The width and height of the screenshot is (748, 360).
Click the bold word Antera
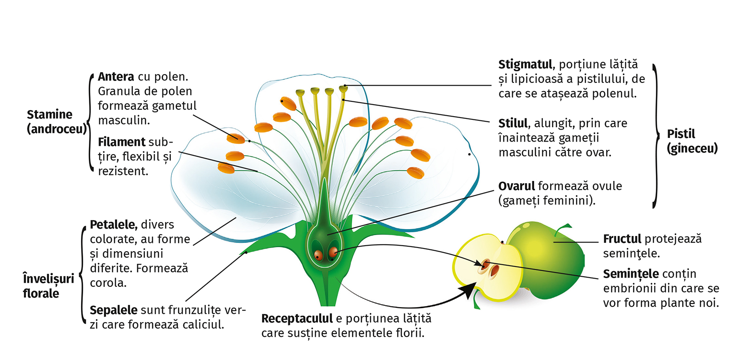coord(116,76)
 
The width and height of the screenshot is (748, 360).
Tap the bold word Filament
coord(121,142)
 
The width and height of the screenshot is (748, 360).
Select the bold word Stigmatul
coord(525,64)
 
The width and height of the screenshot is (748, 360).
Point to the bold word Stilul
coord(513,123)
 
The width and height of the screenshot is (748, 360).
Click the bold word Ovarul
coord(517,186)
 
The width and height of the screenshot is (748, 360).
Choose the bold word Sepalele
coord(113,310)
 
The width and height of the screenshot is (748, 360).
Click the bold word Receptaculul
coord(297,318)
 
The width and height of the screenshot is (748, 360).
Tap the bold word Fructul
coord(622,239)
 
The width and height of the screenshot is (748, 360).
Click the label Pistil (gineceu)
coord(692,141)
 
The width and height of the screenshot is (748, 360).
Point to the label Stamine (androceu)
coord(56,121)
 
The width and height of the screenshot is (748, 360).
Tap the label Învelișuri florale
coord(48,286)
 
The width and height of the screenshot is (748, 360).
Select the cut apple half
coord(486,268)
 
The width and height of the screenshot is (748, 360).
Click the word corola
coord(108,283)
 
